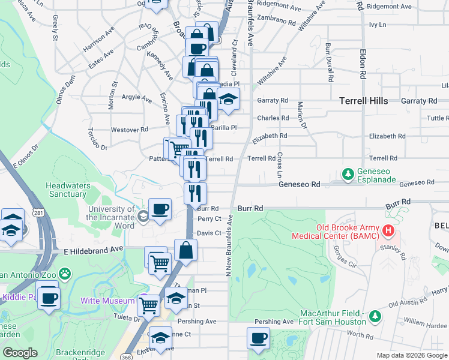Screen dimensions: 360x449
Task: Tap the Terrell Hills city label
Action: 363,101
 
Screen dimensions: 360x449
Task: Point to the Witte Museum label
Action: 107,300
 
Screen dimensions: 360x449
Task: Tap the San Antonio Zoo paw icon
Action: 65,275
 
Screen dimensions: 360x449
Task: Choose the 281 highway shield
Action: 38,213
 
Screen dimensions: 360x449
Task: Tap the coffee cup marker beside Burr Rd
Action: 160,209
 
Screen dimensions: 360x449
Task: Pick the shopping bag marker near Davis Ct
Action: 186,250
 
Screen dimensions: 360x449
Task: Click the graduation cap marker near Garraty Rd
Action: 228,99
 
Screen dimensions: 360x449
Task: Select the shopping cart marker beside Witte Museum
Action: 148,305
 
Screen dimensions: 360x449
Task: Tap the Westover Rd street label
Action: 129,129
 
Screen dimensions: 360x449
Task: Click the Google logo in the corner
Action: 20,353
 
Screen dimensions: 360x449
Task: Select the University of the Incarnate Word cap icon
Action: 143,217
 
